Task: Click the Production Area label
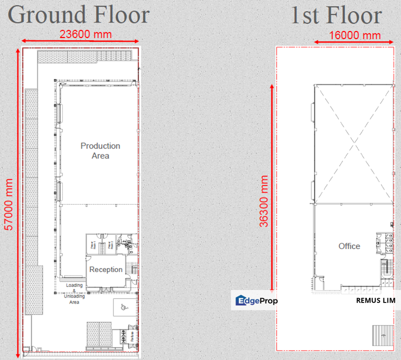click(x=100, y=150)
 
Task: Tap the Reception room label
click(x=105, y=269)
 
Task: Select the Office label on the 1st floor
click(x=349, y=246)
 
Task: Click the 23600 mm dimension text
click(x=85, y=34)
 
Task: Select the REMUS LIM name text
click(x=375, y=300)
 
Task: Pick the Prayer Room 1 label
click(x=92, y=245)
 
